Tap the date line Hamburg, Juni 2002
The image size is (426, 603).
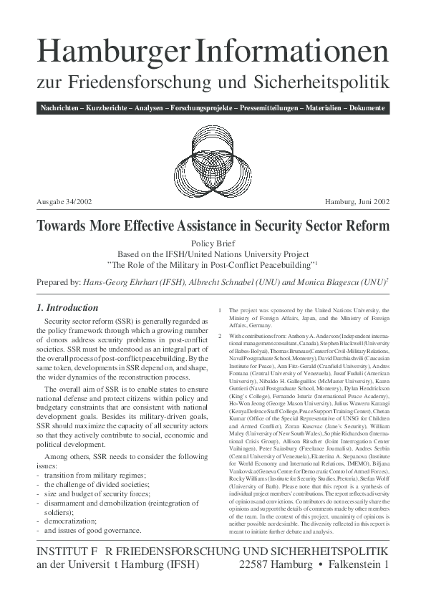pyautogui.click(x=357, y=203)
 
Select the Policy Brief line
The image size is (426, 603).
pyautogui.click(x=213, y=243)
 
